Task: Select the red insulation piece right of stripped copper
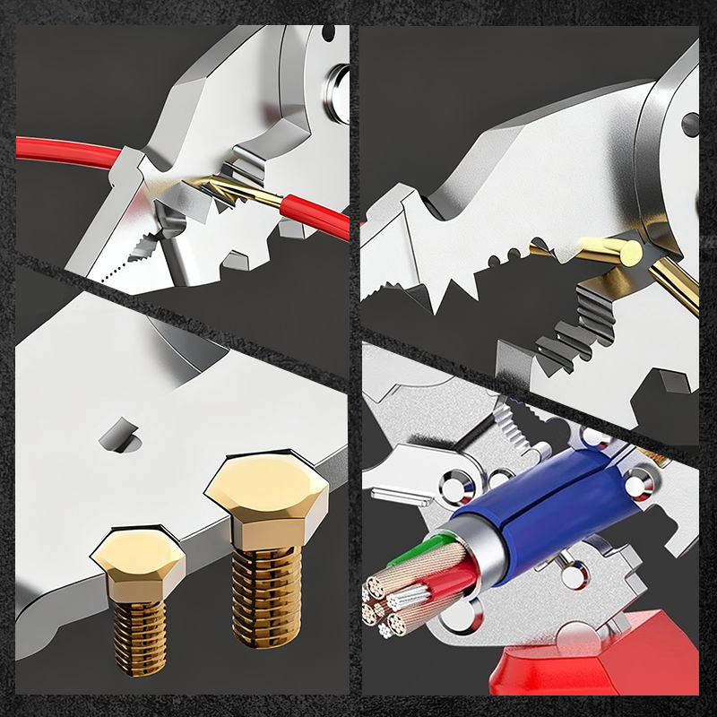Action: [x=314, y=216]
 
